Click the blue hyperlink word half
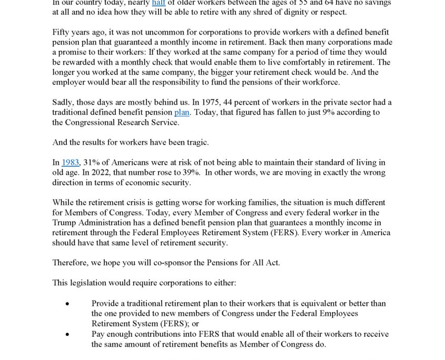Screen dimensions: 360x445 [159, 3]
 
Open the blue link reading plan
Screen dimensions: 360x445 [182, 112]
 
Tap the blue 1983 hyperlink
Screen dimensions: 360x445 [70, 163]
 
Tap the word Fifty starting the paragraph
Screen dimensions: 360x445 [62, 32]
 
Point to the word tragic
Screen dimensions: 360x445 [197, 142]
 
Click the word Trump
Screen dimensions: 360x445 [64, 223]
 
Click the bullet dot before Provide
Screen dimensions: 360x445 [67, 304]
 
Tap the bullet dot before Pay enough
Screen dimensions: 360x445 [67, 334]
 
